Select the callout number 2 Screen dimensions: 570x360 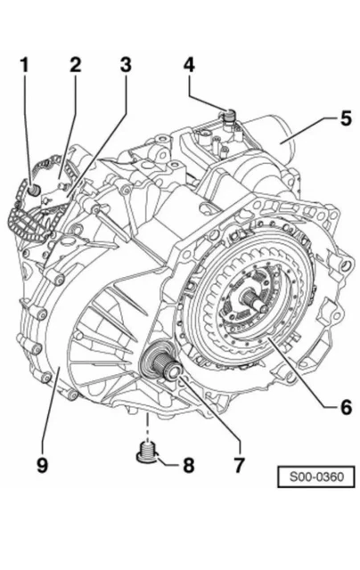point(75,65)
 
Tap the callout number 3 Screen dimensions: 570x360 point(125,65)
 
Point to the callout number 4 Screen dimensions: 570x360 point(189,65)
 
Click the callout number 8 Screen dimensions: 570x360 point(187,463)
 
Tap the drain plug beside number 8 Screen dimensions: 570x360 point(145,452)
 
